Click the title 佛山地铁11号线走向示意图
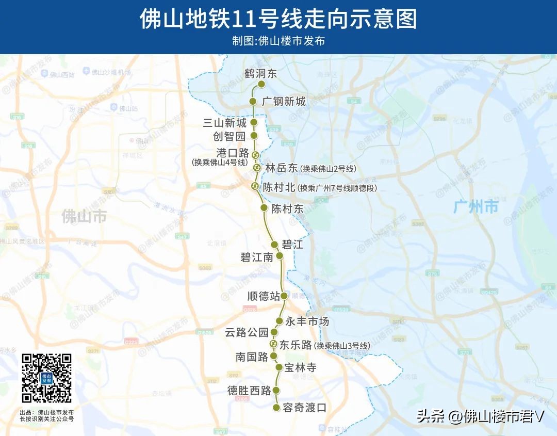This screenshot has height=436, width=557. (278, 19)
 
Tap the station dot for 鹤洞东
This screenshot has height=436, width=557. (261, 84)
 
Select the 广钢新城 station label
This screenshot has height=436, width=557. (284, 102)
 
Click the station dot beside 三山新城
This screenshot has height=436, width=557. (254, 122)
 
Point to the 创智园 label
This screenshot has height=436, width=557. (230, 136)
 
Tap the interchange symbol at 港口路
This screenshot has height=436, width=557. (255, 155)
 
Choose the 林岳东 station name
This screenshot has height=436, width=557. (282, 168)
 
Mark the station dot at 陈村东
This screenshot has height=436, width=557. (264, 208)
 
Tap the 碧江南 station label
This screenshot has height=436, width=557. (256, 257)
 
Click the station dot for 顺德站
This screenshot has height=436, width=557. (284, 296)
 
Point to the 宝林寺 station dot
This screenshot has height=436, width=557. (279, 367)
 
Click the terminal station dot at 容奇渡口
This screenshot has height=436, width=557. (276, 408)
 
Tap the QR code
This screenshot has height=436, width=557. (46, 378)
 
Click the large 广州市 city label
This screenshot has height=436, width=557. (476, 207)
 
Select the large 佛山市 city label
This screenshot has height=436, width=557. (84, 216)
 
